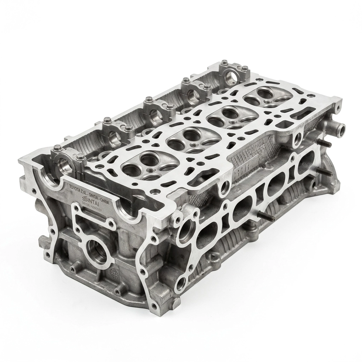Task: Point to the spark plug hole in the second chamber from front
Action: tap(193, 145)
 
